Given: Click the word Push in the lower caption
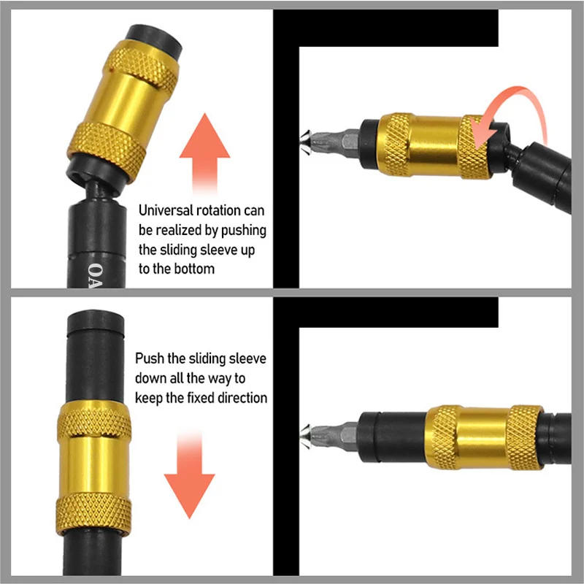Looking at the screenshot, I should pos(150,359).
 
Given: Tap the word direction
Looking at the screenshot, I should pos(242,398).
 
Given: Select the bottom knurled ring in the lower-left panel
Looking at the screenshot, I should pos(94,514).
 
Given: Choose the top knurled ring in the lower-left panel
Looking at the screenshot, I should pos(94,419).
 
